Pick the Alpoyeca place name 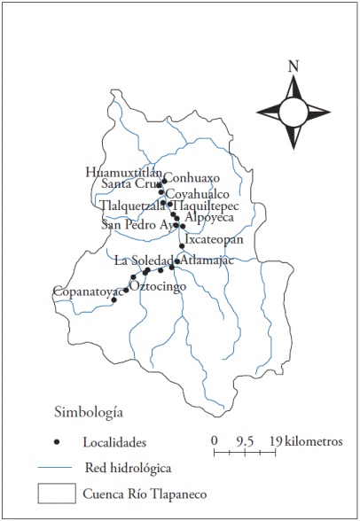(209, 216)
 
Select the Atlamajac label (207, 260)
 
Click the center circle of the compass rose (293, 110)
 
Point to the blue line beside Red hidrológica (55, 467)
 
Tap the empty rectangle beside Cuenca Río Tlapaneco (55, 493)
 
